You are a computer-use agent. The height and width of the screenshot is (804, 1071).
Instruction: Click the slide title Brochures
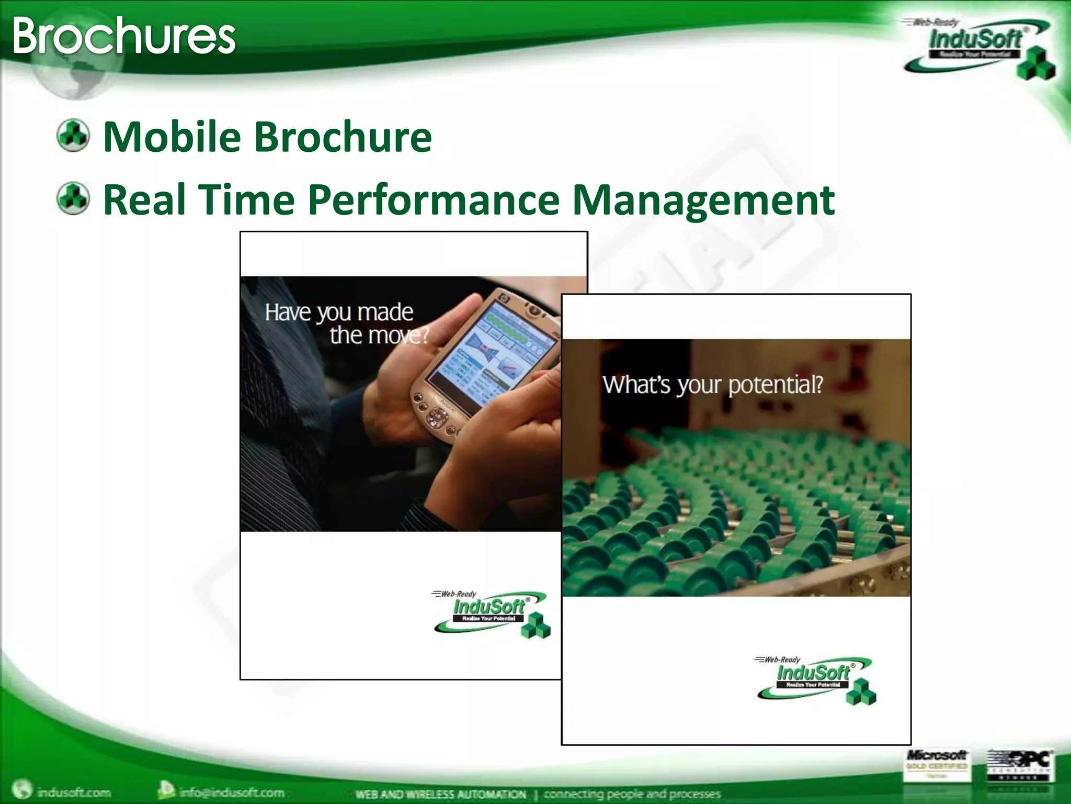click(123, 36)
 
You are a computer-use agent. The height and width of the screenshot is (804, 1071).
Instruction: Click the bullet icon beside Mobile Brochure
click(73, 136)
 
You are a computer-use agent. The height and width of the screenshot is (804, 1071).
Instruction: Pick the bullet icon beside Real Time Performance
click(73, 199)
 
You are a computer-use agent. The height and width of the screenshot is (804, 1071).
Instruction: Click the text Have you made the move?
click(345, 323)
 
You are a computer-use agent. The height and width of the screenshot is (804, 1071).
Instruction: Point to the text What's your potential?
click(712, 385)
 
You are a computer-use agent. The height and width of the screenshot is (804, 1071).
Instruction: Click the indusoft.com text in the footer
click(73, 792)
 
